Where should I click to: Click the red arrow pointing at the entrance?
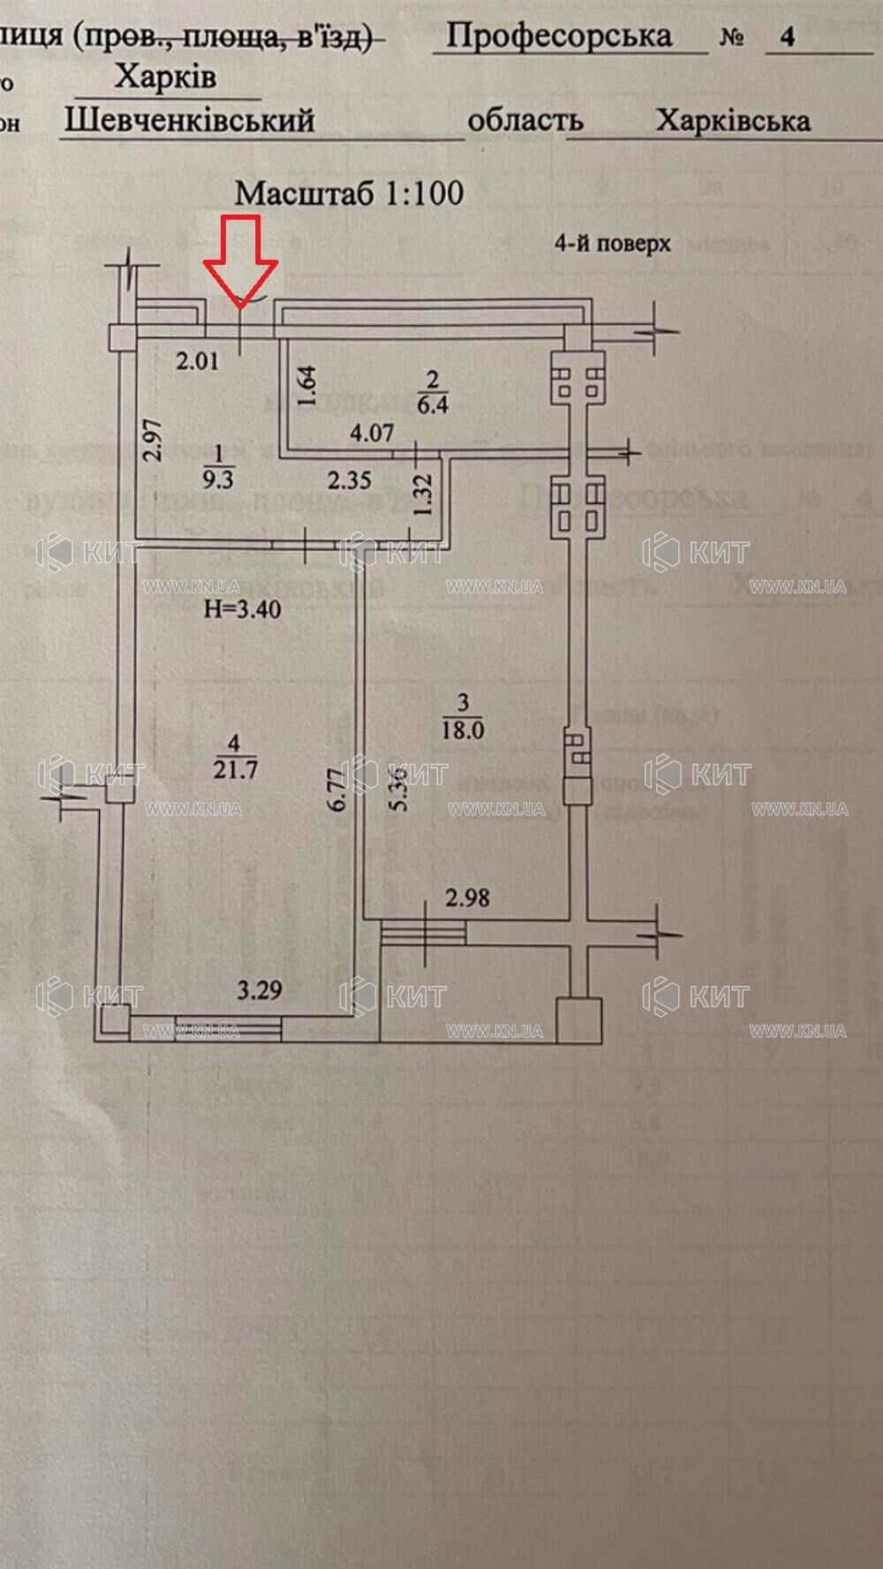(x=241, y=259)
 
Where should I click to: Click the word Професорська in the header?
(x=559, y=36)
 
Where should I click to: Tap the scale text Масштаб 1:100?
(x=349, y=193)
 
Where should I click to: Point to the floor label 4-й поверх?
(x=612, y=243)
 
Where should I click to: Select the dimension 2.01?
(x=197, y=361)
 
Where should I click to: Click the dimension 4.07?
(x=371, y=433)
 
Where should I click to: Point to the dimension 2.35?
(x=349, y=481)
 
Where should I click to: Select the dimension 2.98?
(x=467, y=898)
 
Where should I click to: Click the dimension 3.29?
(x=260, y=989)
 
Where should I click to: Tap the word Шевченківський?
(x=189, y=120)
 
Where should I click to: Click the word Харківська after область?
(x=732, y=121)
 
